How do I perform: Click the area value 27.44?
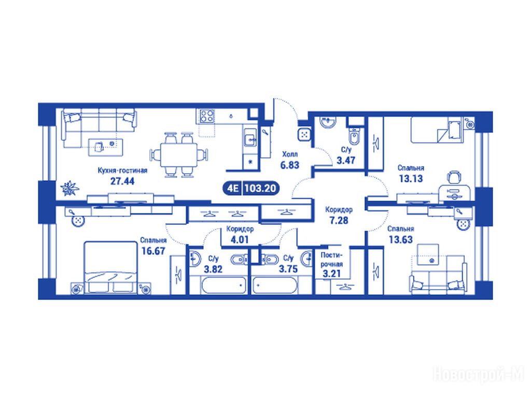(122, 181)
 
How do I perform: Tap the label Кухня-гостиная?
(122, 170)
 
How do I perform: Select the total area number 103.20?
(260, 188)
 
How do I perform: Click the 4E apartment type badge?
(232, 188)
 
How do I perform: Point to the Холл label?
(290, 154)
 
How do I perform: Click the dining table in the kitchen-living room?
(179, 154)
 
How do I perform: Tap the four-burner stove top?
(207, 116)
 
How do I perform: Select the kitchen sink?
(251, 138)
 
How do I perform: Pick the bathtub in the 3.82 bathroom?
(223, 286)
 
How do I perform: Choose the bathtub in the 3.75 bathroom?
(275, 286)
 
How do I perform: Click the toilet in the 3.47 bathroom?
(354, 136)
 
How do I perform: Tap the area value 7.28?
(339, 220)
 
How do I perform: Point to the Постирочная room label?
(331, 260)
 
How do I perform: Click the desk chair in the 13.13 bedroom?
(454, 177)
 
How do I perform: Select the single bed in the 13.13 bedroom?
(436, 130)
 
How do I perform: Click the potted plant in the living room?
(69, 188)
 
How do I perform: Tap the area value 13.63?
(401, 239)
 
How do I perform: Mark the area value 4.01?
(240, 240)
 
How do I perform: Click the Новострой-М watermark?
(479, 375)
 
